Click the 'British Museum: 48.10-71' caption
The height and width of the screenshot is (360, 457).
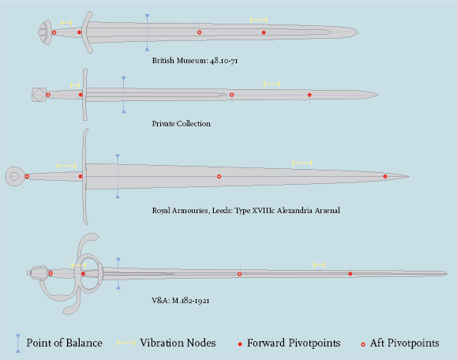(x=195, y=61)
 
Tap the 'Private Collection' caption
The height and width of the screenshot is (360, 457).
(x=181, y=124)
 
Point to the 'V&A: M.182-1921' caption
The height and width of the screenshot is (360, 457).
(x=181, y=301)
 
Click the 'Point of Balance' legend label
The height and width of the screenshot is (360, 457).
(x=65, y=343)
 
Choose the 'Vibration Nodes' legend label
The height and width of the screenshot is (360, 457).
(x=178, y=343)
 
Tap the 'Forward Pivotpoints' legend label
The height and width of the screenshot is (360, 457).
(x=294, y=343)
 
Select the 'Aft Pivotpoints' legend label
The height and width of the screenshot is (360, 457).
(x=405, y=343)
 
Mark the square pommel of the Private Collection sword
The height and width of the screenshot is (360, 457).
(x=39, y=95)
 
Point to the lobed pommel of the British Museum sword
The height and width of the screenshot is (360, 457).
(x=45, y=32)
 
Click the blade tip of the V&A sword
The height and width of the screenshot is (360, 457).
(x=447, y=273)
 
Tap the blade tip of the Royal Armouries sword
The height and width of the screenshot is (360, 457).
(x=408, y=176)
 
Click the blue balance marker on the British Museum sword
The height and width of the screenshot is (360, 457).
(x=147, y=32)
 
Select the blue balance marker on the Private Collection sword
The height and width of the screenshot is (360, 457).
(x=124, y=95)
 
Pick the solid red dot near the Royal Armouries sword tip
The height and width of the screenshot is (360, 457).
(x=385, y=176)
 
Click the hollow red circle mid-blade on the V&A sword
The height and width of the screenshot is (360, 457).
(x=240, y=274)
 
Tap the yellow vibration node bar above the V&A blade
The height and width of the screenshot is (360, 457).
(x=319, y=264)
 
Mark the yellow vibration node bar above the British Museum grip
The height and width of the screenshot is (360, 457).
(x=66, y=23)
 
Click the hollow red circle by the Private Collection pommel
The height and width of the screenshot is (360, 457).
(x=48, y=95)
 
